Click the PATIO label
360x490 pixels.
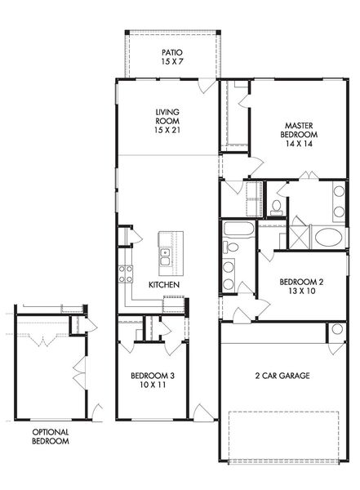point(172,52)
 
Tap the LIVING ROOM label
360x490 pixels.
point(167,116)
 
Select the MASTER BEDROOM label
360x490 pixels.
point(299,130)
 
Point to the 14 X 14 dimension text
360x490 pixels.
point(299,144)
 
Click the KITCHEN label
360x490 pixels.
point(164,285)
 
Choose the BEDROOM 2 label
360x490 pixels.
point(301,282)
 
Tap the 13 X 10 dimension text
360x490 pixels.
point(302,291)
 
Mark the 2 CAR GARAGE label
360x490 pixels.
point(282,376)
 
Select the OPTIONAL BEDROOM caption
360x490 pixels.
point(51,437)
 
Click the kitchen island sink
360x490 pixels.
point(165,256)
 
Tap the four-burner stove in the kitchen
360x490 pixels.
point(126,274)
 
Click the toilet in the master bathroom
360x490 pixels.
point(276,207)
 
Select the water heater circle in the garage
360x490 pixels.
point(337,329)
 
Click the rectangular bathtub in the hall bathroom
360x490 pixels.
point(238,229)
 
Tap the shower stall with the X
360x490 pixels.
point(300,237)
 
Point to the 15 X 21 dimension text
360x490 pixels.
point(167,130)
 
